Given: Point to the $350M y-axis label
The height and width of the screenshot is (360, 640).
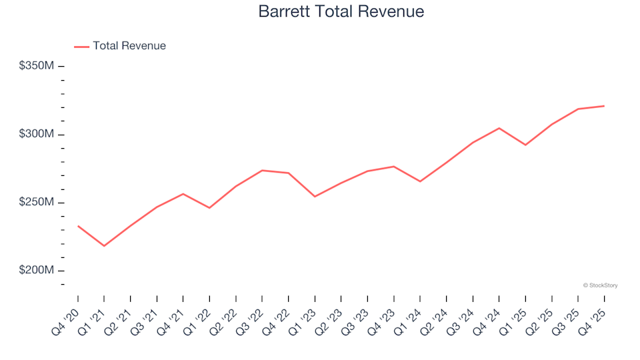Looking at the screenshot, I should tap(37, 66).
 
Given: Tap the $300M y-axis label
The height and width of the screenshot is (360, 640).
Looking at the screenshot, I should tap(37, 135).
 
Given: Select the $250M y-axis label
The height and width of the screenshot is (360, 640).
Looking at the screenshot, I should tap(37, 203).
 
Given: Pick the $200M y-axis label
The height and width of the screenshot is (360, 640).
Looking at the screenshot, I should tap(37, 271).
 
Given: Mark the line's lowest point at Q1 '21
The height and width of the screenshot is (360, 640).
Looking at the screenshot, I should tap(104, 246).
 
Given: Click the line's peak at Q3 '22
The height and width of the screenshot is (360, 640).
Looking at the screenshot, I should tap(262, 170).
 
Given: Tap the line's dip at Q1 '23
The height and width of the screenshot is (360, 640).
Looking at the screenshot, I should tap(315, 197).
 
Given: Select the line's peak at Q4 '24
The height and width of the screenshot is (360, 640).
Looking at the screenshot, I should tap(499, 128).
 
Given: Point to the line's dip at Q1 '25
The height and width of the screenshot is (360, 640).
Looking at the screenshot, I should tap(525, 145).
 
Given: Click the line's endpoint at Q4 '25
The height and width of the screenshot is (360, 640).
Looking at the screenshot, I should tap(604, 106).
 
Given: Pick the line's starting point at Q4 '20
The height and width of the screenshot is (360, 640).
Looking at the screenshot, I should tap(78, 226).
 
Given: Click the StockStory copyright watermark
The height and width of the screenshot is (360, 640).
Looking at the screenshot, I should tap(600, 285).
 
